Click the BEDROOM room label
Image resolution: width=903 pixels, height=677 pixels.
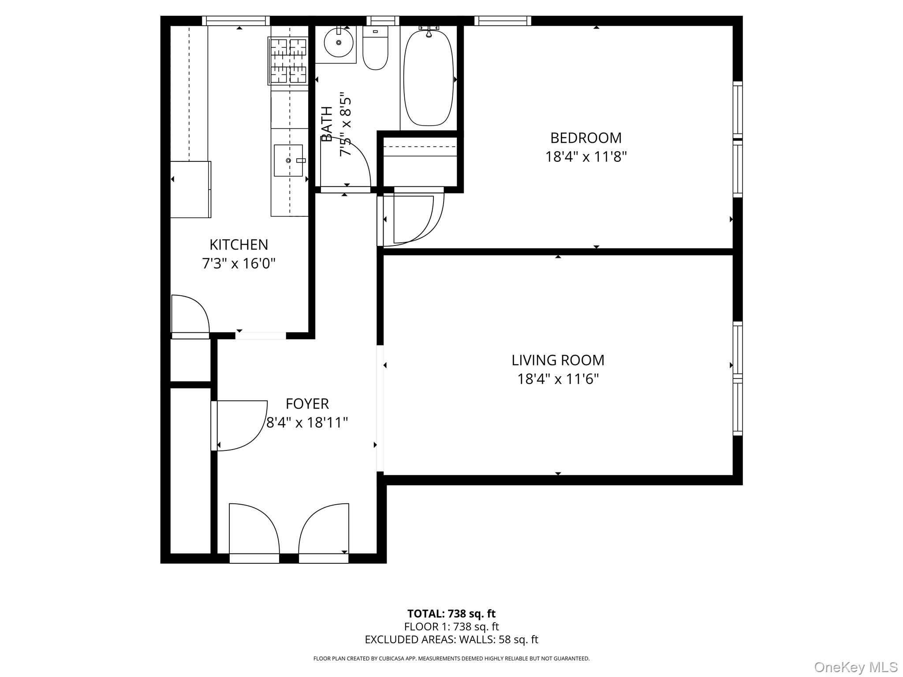586,138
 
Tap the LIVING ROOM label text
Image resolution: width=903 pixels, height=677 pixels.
557,360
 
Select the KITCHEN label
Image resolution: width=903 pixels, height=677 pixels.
239,245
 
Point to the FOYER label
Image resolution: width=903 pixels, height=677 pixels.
307,404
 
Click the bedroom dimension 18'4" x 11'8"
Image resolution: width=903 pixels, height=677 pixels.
586,157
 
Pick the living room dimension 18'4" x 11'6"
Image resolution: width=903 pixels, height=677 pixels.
557,379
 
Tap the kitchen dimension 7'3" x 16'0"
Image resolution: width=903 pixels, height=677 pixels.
239,264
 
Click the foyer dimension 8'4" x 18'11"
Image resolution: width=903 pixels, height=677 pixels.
307,423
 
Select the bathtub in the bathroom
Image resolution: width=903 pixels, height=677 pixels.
428,78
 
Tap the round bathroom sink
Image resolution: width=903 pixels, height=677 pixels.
338,43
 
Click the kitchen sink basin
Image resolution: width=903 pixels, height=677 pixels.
288,160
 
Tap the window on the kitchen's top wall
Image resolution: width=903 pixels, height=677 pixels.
236,21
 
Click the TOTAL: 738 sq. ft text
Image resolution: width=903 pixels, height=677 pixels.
451,614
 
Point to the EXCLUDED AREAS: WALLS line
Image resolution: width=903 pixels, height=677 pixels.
451,640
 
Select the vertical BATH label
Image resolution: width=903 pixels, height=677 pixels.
327,124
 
